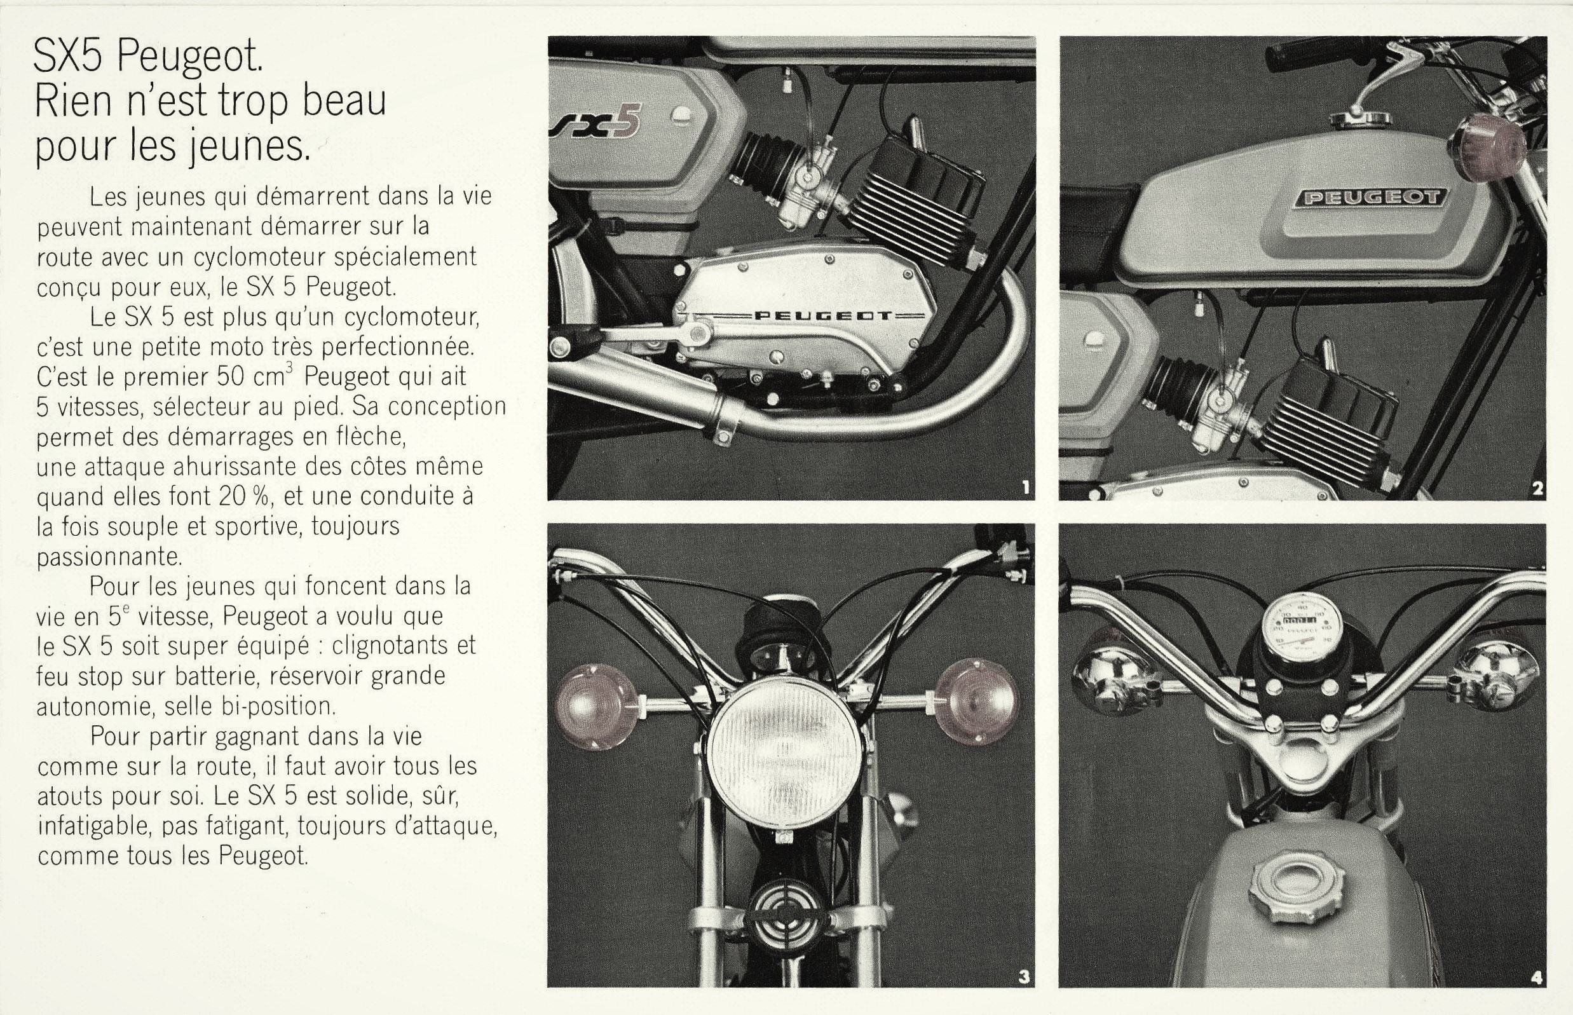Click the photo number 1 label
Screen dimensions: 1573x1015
pyautogui.click(x=1025, y=487)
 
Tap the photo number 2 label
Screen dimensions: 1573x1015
pyautogui.click(x=1537, y=488)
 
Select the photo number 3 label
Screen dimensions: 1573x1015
pyautogui.click(x=1023, y=976)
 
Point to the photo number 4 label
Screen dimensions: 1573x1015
pyautogui.click(x=1537, y=978)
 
